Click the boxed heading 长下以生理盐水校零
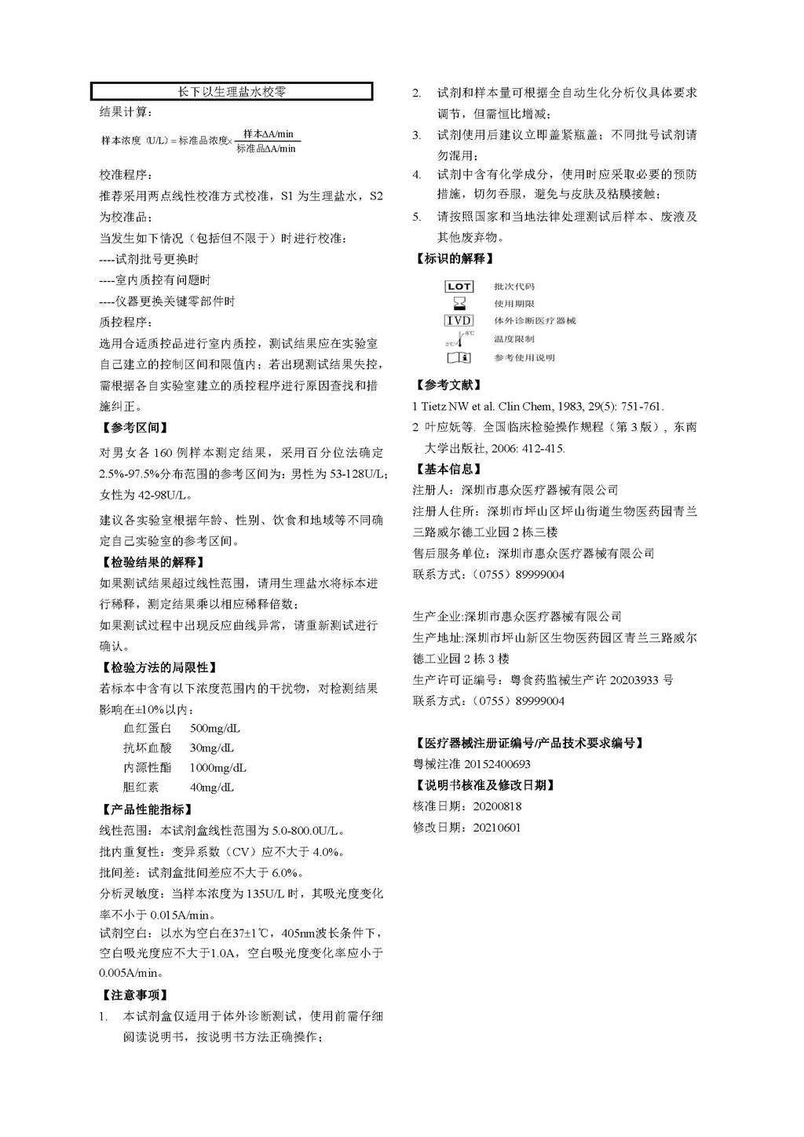[232, 92]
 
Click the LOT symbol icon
[459, 287]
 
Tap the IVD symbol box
[459, 320]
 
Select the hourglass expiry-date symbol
[459, 303]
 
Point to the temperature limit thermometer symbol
[459, 339]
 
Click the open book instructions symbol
[459, 358]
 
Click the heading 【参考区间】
[134, 428]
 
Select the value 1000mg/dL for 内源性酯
[218, 768]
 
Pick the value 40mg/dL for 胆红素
[212, 788]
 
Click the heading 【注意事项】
[134, 996]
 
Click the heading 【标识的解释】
[454, 258]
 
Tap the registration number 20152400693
[497, 764]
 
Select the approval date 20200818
[497, 806]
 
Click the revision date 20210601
[497, 828]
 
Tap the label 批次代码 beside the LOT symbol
[514, 287]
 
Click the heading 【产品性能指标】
[146, 810]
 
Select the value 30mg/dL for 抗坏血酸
[212, 748]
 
